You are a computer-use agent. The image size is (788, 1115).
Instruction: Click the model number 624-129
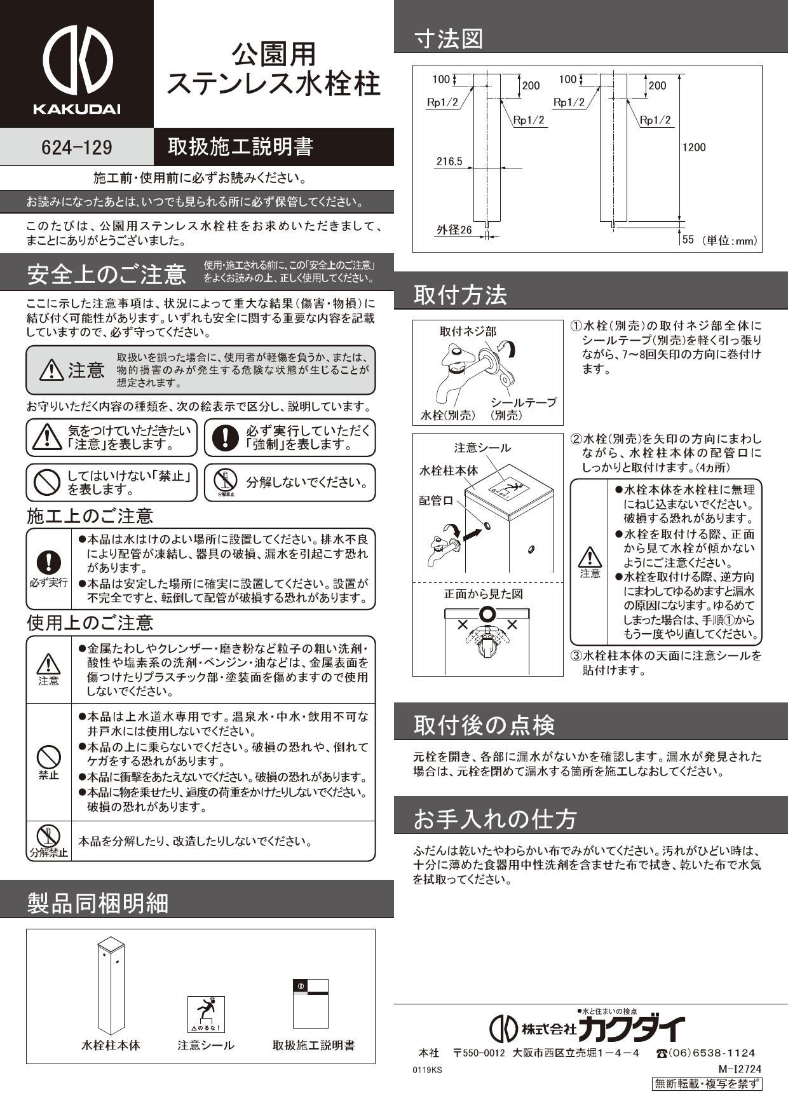click(76, 147)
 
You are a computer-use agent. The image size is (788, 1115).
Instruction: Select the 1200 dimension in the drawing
click(694, 147)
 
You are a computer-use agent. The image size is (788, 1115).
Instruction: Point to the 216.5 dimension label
click(449, 161)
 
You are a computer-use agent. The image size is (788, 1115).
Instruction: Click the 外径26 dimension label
click(454, 230)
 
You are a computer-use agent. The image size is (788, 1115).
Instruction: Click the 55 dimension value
click(688, 240)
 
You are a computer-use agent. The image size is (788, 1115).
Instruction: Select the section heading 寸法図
click(449, 39)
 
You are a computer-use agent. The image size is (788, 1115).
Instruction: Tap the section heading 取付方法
click(460, 295)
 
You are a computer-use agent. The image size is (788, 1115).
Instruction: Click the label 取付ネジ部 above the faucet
click(468, 331)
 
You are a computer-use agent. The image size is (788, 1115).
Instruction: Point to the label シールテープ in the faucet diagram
click(524, 402)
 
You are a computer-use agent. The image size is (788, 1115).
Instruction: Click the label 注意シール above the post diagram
click(482, 448)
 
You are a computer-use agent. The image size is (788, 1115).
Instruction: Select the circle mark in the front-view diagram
click(487, 615)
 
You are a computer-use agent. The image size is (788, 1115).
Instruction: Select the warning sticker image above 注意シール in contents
click(205, 1014)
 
